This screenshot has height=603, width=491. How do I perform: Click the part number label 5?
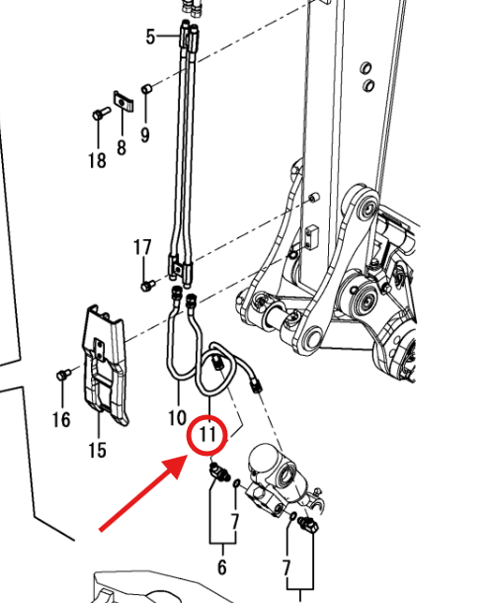coord(150,37)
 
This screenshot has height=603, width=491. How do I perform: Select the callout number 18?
coord(97,160)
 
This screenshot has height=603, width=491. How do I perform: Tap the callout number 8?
coord(122,147)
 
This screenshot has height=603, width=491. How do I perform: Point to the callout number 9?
coord(145,135)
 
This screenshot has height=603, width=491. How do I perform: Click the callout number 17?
coord(142,247)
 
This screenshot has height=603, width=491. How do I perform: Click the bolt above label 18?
coord(101,114)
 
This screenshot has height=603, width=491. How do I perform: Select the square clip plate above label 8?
coord(123,101)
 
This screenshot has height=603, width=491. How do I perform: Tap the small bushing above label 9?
coord(147,89)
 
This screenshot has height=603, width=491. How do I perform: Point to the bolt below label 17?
coord(147,286)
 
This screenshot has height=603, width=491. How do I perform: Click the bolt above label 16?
coord(63,375)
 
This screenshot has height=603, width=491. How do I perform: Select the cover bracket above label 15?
coord(105,365)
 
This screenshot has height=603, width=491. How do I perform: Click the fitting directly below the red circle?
coord(219,473)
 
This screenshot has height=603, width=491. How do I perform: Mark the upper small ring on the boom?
coord(366,68)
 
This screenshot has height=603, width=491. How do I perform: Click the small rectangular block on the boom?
coord(311,234)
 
